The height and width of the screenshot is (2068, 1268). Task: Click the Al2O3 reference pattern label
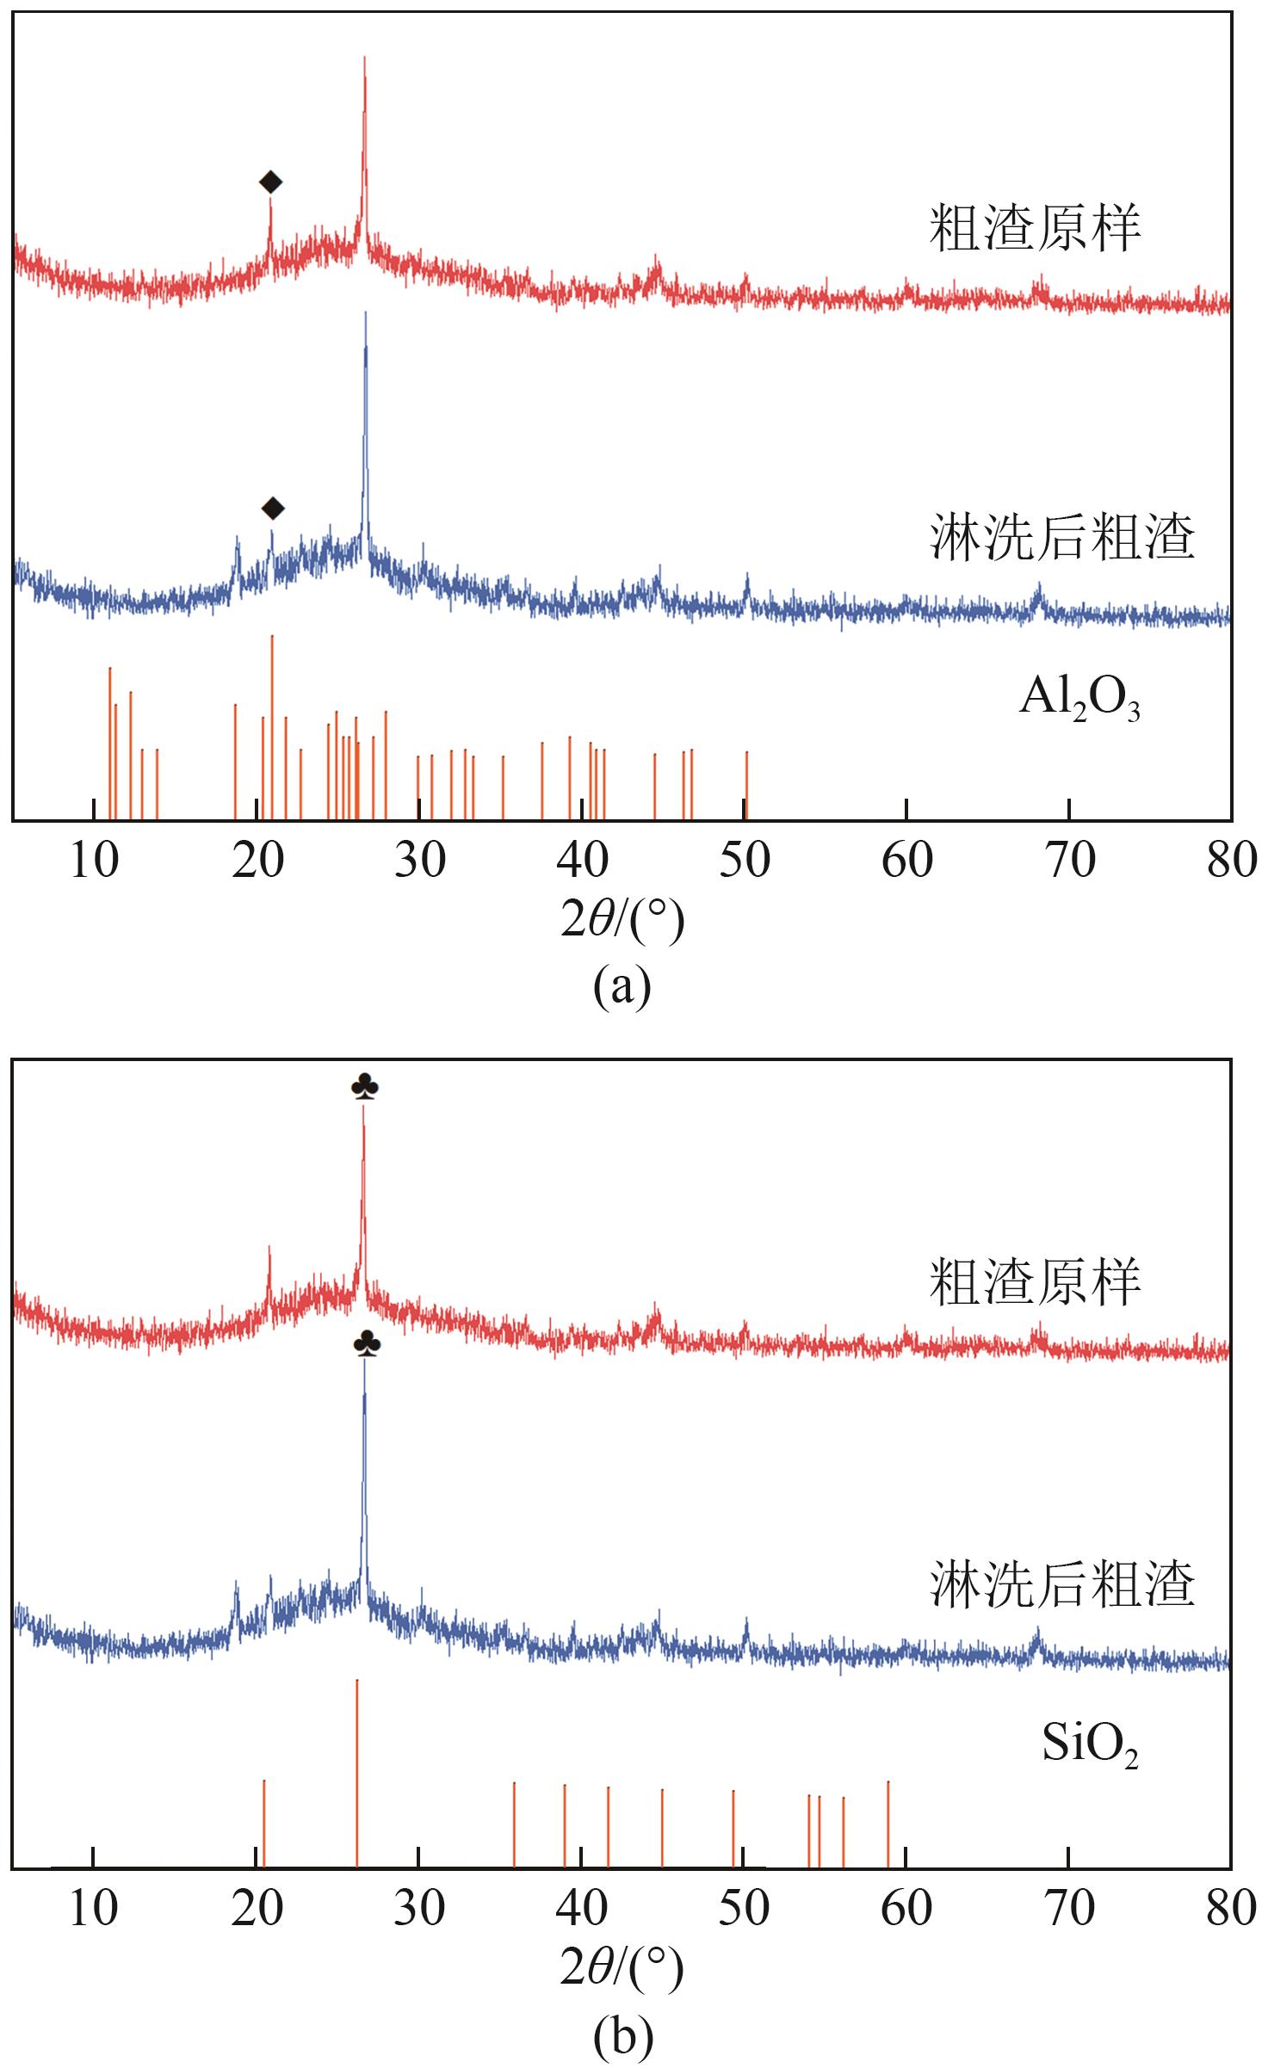(x=1079, y=700)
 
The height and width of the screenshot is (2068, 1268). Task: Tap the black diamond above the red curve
(x=270, y=182)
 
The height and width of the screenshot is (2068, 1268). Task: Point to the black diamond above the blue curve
(x=272, y=509)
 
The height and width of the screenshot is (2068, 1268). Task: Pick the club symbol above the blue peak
(x=367, y=1344)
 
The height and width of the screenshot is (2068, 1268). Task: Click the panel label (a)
(x=622, y=986)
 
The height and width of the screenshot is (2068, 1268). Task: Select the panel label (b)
(x=622, y=2031)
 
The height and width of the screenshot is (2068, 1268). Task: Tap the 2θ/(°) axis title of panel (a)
(x=622, y=920)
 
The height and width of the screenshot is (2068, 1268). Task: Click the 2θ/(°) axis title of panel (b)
(x=622, y=1965)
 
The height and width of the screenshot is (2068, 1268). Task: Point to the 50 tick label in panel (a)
(x=745, y=861)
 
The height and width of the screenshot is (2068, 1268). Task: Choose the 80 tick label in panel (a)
(x=1231, y=861)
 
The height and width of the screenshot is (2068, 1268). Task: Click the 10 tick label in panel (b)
(x=93, y=1906)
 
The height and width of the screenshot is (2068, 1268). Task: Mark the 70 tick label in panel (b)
(x=1068, y=1906)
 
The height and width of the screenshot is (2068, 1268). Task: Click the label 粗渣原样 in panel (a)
(x=1035, y=229)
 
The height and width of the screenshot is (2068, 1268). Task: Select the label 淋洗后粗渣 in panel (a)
(x=1062, y=539)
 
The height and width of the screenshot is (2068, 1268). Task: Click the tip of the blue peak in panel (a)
(x=366, y=313)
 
